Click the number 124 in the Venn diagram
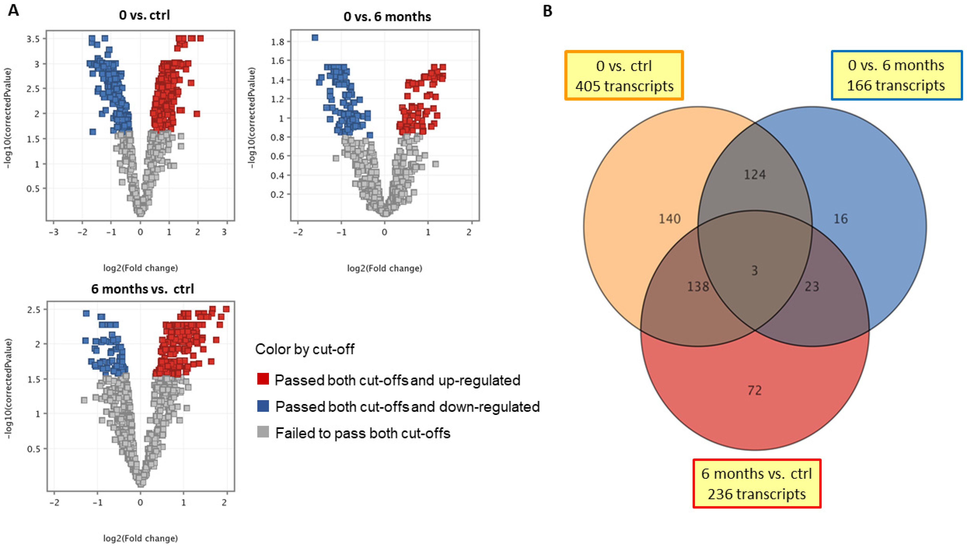click(x=755, y=175)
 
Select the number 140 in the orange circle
click(x=670, y=219)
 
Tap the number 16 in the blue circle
click(x=841, y=219)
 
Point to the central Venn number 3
click(x=755, y=271)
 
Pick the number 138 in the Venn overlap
click(x=698, y=287)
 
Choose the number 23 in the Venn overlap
click(x=812, y=287)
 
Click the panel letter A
click(x=13, y=10)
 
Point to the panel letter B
click(x=548, y=11)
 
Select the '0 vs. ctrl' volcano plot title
click(x=144, y=15)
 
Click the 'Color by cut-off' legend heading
click(x=305, y=349)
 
